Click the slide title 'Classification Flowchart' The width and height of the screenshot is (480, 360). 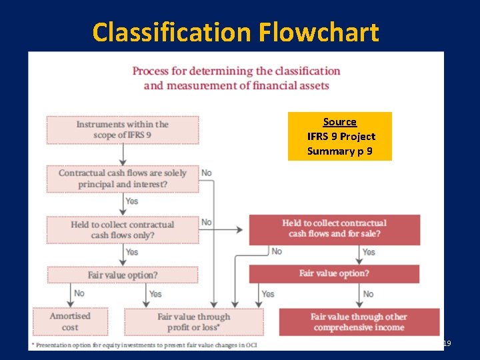click(235, 32)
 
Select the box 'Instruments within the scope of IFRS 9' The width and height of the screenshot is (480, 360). click(122, 130)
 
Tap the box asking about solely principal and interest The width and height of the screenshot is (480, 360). click(122, 178)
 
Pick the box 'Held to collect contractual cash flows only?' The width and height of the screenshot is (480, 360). click(122, 229)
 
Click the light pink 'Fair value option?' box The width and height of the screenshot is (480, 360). click(122, 275)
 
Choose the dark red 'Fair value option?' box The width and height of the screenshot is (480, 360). click(334, 273)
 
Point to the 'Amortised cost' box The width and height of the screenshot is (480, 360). click(69, 321)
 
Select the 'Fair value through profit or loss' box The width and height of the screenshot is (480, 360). click(193, 321)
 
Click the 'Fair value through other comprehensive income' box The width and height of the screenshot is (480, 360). click(359, 321)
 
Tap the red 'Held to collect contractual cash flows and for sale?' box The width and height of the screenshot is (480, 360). click(334, 228)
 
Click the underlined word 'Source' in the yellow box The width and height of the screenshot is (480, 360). click(339, 122)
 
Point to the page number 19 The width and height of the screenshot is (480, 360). click(447, 343)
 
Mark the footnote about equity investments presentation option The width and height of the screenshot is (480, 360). click(143, 345)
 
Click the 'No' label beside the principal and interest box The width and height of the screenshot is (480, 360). click(207, 173)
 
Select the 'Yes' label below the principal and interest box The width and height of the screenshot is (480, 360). click(132, 201)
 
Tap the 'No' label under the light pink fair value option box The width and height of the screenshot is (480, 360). click(79, 293)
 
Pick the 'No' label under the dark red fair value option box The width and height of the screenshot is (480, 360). click(369, 293)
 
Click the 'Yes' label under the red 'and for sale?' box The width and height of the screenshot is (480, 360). click(369, 252)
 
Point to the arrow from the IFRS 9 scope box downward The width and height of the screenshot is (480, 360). click(123, 155)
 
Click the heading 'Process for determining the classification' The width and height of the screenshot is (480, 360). click(236, 71)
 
